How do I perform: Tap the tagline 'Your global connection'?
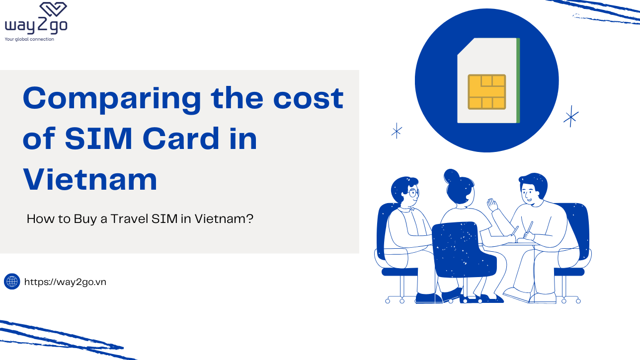pyautogui.click(x=29, y=39)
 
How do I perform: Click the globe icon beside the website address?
pyautogui.click(x=12, y=282)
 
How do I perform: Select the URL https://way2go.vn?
pyautogui.click(x=65, y=282)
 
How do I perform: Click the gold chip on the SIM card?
pyautogui.click(x=486, y=92)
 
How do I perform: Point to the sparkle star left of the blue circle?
pyautogui.click(x=397, y=131)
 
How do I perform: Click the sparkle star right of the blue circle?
pyautogui.click(x=571, y=116)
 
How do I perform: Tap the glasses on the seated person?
pyautogui.click(x=412, y=192)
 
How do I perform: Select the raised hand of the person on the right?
pyautogui.click(x=492, y=205)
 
